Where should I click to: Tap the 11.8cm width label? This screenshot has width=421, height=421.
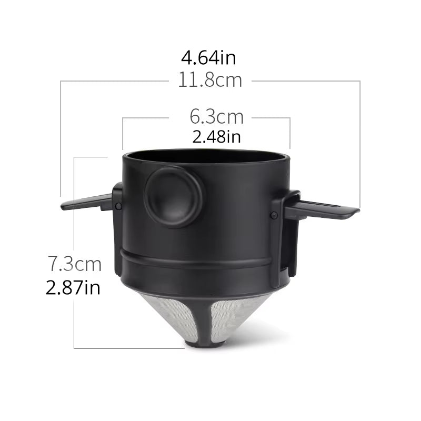[x=210, y=81]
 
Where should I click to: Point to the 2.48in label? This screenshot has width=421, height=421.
[x=217, y=137]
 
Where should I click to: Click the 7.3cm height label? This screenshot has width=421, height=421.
[x=74, y=263]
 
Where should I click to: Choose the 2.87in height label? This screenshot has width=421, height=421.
[x=73, y=287]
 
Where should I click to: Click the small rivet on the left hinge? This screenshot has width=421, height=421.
[x=118, y=206]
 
